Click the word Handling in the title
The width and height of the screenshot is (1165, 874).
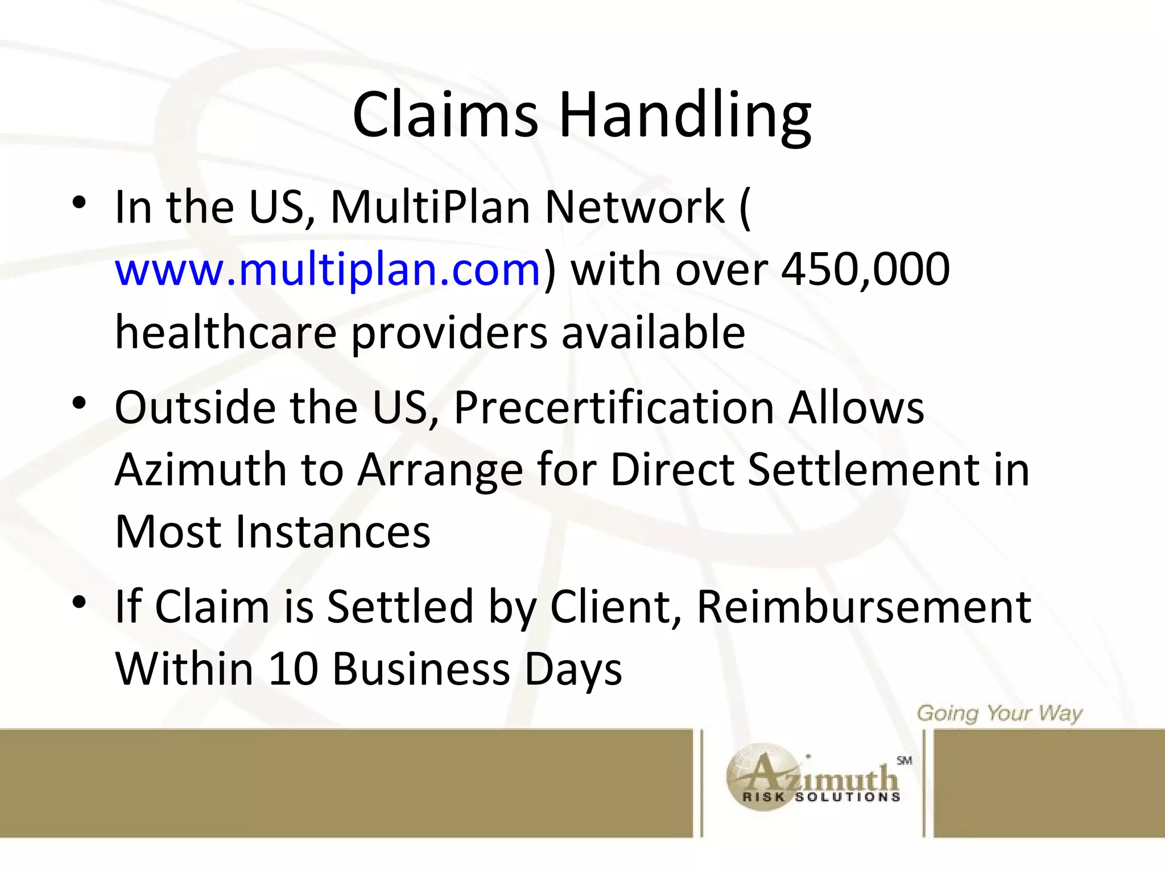pos(685,117)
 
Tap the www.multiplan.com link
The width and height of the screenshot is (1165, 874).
pos(327,269)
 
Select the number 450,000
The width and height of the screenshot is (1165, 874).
pos(865,269)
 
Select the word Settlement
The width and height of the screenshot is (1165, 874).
pos(862,470)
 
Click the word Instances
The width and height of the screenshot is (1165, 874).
pos(333,532)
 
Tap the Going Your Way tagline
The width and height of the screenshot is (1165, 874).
pos(999,714)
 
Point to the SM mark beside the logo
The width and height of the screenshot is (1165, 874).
pos(904,760)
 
